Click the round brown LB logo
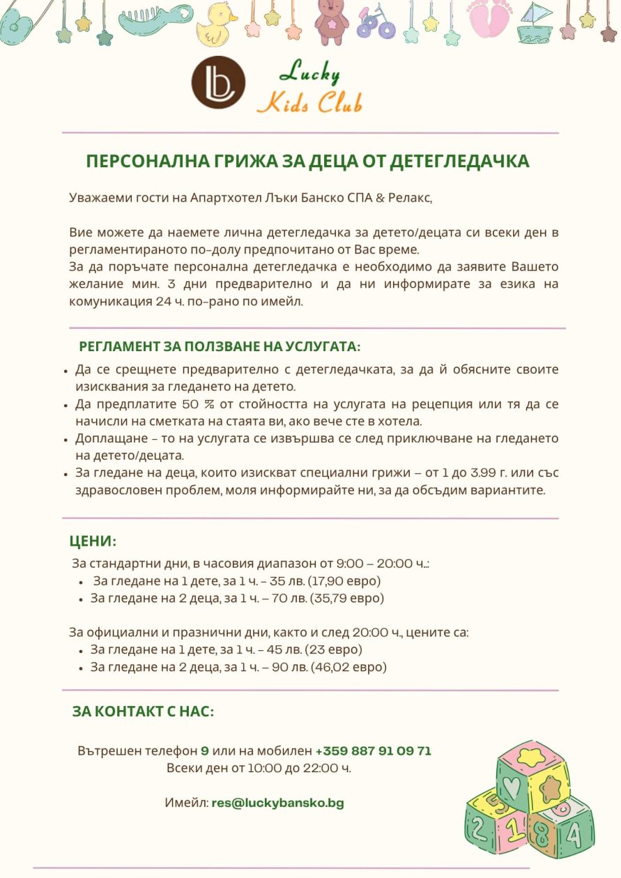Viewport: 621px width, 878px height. click(x=218, y=82)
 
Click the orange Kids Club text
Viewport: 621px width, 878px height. click(x=309, y=102)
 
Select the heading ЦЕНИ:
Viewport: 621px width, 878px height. click(x=93, y=541)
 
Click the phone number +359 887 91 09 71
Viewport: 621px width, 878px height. click(x=373, y=751)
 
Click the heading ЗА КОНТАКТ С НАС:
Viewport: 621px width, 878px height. click(x=143, y=711)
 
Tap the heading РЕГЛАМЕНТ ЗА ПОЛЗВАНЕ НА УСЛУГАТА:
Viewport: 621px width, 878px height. click(x=220, y=346)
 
